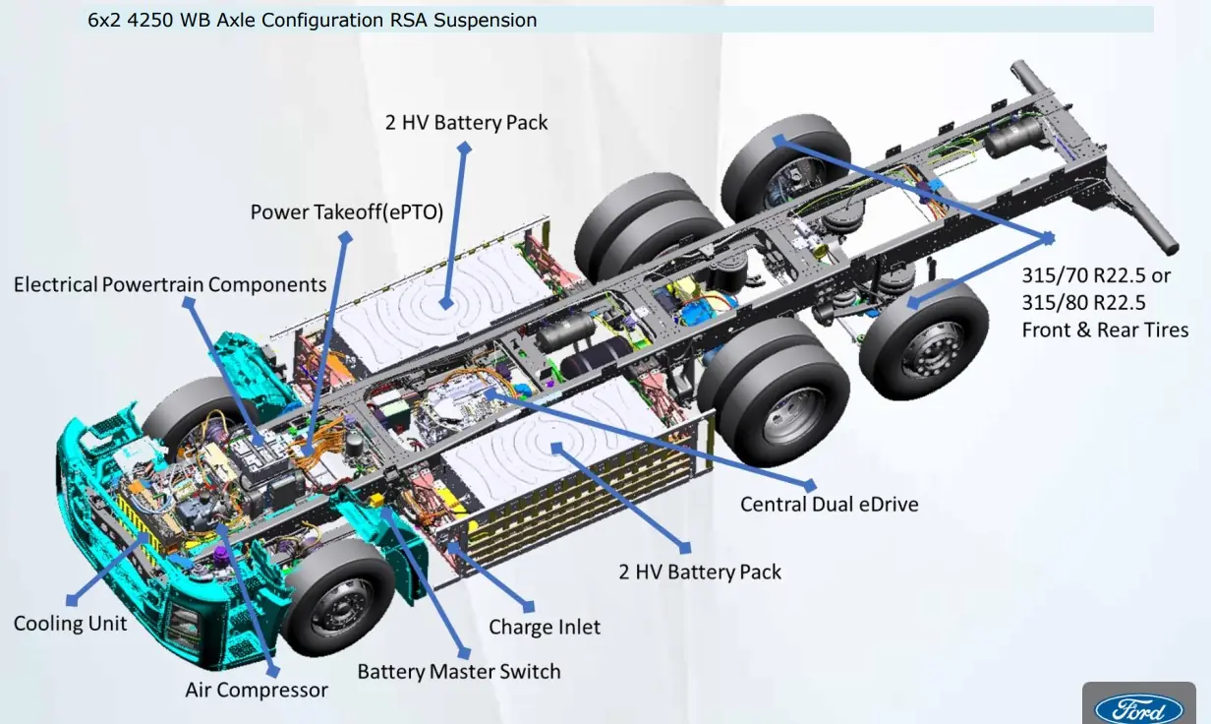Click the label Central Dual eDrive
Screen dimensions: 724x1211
(829, 505)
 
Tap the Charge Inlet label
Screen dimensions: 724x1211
(545, 627)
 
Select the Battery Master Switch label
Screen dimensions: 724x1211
(458, 672)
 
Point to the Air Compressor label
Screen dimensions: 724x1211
(257, 690)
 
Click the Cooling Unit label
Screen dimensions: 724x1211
(70, 624)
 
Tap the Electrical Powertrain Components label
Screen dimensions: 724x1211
(170, 284)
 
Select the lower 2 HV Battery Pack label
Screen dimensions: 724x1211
(700, 572)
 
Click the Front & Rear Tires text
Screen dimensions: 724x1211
(1105, 331)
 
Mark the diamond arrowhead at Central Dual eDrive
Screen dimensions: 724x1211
(811, 484)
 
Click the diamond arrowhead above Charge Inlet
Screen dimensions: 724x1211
(532, 605)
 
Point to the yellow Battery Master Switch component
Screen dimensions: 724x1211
(375, 500)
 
